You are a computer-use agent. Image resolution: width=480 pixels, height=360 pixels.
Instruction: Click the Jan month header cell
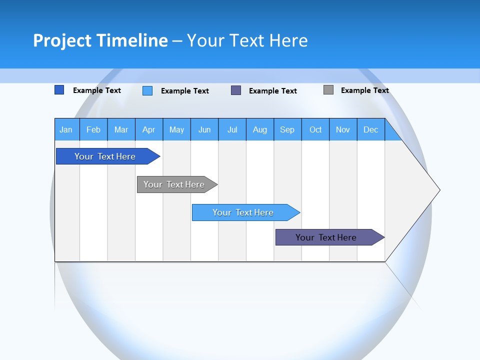click(x=66, y=129)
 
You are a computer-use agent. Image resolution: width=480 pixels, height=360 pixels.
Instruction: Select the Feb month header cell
click(x=93, y=129)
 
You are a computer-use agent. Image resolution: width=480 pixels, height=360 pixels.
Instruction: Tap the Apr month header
click(x=149, y=129)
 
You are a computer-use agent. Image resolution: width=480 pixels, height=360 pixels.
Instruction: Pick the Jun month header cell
click(x=204, y=129)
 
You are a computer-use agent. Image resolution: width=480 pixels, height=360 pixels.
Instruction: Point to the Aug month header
click(x=260, y=129)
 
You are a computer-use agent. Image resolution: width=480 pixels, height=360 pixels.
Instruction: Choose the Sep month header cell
click(x=287, y=129)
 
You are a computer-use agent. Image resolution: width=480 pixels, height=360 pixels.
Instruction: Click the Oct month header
click(x=315, y=129)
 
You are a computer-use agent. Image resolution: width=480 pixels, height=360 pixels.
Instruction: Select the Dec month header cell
click(x=371, y=129)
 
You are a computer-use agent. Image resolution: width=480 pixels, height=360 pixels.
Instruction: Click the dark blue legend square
click(x=59, y=90)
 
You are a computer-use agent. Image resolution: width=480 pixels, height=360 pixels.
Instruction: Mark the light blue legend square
click(x=147, y=90)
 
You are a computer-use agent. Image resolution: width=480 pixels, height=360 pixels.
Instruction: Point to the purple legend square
click(x=236, y=90)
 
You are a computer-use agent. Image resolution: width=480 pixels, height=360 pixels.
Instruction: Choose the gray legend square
click(x=328, y=90)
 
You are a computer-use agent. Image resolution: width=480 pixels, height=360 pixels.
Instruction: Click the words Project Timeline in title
click(x=100, y=40)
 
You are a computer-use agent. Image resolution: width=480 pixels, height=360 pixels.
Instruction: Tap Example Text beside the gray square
click(x=364, y=90)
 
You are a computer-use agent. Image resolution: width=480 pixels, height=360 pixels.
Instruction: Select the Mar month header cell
click(x=121, y=129)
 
